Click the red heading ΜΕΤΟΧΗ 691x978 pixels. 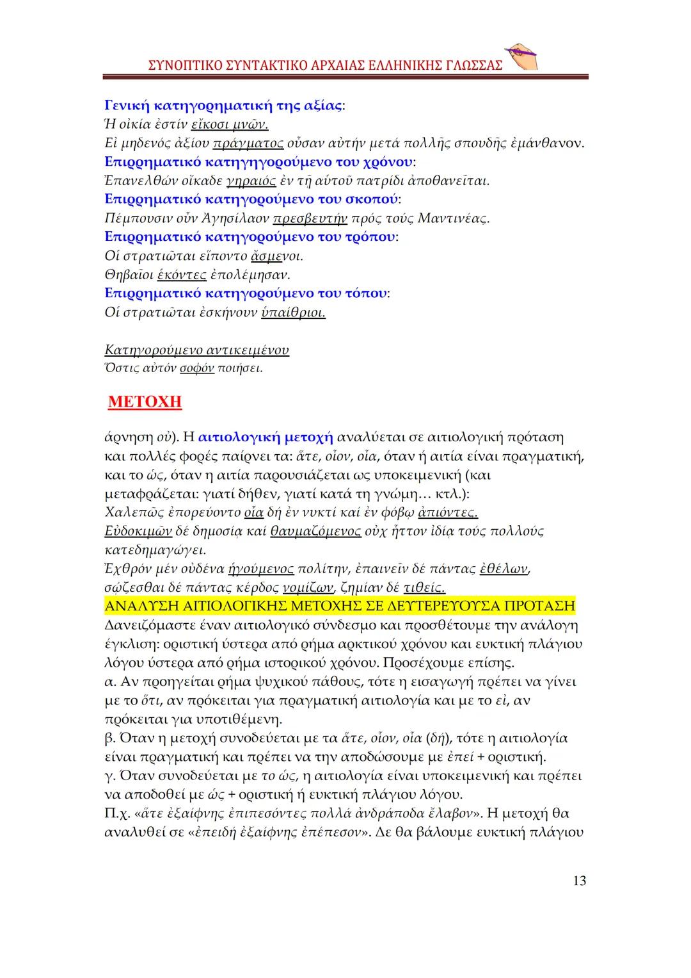tap(145, 402)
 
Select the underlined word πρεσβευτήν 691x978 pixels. tap(310, 218)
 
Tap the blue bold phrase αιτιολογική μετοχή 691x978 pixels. tap(266, 437)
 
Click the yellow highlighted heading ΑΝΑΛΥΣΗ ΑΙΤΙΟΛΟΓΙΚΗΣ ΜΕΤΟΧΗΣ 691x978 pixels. tap(339, 606)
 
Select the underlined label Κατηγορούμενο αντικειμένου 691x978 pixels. tap(196, 350)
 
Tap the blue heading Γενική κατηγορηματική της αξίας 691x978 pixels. tap(223, 105)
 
